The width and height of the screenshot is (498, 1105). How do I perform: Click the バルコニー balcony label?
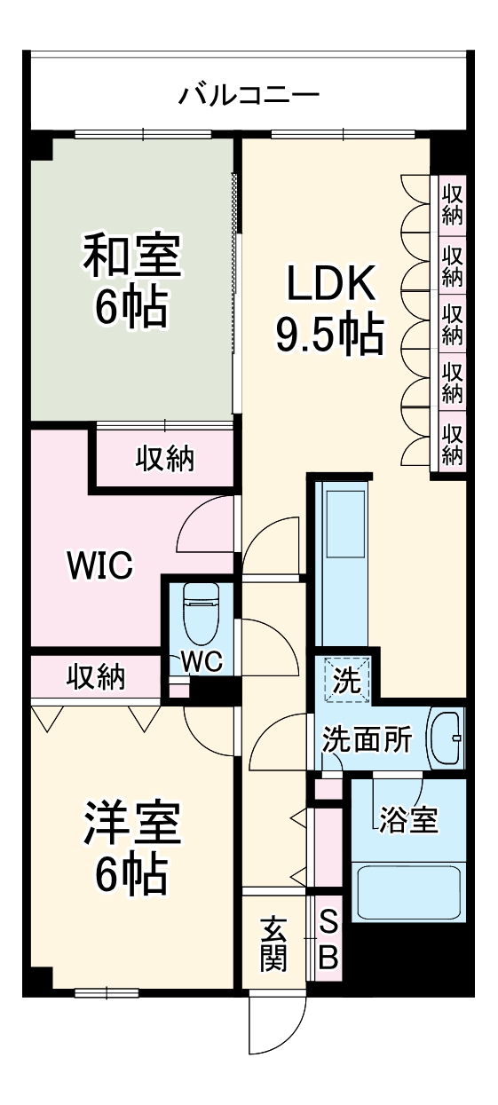(249, 93)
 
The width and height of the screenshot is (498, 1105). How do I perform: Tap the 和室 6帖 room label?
(133, 280)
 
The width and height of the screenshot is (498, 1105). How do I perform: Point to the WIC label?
(100, 563)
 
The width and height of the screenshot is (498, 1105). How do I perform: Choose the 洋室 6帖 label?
(133, 848)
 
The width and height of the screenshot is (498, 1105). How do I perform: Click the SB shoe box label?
(328, 941)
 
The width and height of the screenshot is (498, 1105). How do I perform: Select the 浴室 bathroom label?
(408, 820)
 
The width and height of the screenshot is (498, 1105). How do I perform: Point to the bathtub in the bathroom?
(408, 893)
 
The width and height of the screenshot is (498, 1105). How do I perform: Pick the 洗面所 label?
(366, 739)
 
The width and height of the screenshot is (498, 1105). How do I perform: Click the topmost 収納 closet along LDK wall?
(453, 203)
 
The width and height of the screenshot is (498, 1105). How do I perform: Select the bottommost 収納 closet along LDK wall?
(453, 444)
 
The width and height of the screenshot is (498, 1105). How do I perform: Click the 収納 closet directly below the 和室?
(165, 459)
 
